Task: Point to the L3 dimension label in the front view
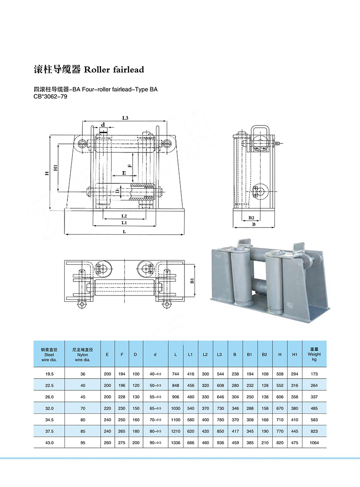point(126,118)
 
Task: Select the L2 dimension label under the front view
point(124,216)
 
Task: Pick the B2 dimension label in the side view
point(252,218)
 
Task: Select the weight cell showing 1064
point(315,442)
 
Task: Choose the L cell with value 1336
point(175,442)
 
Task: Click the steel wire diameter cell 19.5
point(49,374)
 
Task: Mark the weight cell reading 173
point(315,374)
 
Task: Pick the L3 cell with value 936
point(220,442)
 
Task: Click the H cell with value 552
point(280,385)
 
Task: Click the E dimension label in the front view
point(124,173)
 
